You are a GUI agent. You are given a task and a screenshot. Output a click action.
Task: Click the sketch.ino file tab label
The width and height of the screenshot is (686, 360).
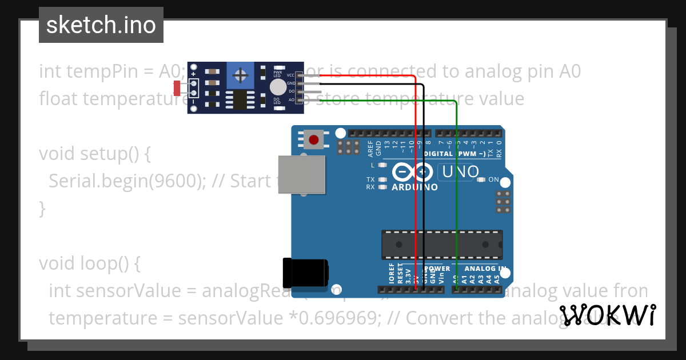click(101, 25)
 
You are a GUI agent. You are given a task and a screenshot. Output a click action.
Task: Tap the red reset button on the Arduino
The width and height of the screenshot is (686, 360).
click(313, 139)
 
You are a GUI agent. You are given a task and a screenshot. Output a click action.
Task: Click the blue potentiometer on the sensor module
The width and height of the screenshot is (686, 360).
click(241, 75)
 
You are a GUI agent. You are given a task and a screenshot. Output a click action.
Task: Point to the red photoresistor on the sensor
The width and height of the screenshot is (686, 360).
click(177, 87)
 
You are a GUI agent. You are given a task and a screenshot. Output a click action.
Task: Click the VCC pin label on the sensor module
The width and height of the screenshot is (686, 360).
click(290, 75)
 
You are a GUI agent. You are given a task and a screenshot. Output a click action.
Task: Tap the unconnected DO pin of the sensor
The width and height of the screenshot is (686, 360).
click(312, 91)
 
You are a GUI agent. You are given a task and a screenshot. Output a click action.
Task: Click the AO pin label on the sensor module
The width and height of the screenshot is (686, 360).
click(291, 99)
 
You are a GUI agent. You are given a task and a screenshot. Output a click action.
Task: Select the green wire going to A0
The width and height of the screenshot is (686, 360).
click(456, 189)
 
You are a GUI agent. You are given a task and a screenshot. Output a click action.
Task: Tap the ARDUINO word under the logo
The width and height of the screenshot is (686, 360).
click(414, 187)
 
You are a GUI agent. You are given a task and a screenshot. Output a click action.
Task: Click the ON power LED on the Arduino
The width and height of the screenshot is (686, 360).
click(481, 180)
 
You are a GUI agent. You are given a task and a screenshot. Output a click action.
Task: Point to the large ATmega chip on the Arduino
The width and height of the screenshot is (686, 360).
click(442, 245)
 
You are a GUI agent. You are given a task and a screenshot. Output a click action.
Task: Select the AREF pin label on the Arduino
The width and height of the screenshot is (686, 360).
click(370, 149)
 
